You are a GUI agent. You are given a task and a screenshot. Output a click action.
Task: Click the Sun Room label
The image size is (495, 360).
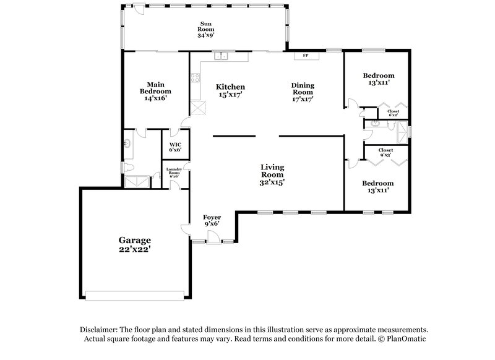point(205,29)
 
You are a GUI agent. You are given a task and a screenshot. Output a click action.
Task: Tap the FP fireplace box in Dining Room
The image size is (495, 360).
point(305,56)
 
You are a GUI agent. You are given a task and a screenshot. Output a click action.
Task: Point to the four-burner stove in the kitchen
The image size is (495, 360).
point(195,79)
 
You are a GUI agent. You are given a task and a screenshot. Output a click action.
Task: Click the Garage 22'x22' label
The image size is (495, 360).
point(135,244)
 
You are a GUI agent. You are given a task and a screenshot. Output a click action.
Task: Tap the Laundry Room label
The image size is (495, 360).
point(173,172)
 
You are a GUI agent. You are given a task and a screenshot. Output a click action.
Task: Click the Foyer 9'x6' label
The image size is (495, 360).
point(212,220)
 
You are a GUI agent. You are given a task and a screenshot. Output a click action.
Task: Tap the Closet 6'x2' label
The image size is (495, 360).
point(394,113)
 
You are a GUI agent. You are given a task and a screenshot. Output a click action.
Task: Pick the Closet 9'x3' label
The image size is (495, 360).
point(385,152)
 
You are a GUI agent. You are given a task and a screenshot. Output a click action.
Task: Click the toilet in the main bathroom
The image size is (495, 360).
point(128,167)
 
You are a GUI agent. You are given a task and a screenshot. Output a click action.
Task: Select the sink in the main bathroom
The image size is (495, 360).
point(127,144)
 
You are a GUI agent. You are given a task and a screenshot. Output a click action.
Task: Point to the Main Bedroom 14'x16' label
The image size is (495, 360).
point(155,91)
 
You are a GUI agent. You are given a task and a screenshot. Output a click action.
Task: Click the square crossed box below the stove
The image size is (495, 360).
point(198,109)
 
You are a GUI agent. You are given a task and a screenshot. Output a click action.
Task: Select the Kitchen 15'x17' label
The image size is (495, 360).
point(230,91)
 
